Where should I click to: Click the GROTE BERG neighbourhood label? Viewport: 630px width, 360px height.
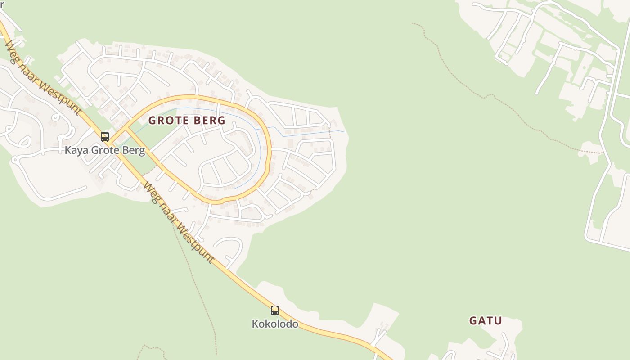click(x=187, y=121)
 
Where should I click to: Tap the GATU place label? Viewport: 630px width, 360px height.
click(x=485, y=321)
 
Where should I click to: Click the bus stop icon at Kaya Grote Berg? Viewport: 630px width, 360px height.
click(x=105, y=136)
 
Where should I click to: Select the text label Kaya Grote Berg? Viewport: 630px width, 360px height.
click(x=105, y=150)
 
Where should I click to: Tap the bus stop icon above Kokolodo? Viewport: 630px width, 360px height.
click(x=274, y=310)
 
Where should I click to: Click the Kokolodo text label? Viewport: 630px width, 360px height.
click(x=274, y=324)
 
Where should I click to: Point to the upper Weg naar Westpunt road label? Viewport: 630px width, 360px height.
click(x=43, y=77)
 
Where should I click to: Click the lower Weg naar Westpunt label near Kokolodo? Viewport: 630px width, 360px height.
click(x=179, y=222)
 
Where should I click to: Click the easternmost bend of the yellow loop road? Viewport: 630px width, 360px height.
click(x=270, y=153)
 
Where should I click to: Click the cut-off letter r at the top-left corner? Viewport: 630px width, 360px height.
click(x=2, y=4)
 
